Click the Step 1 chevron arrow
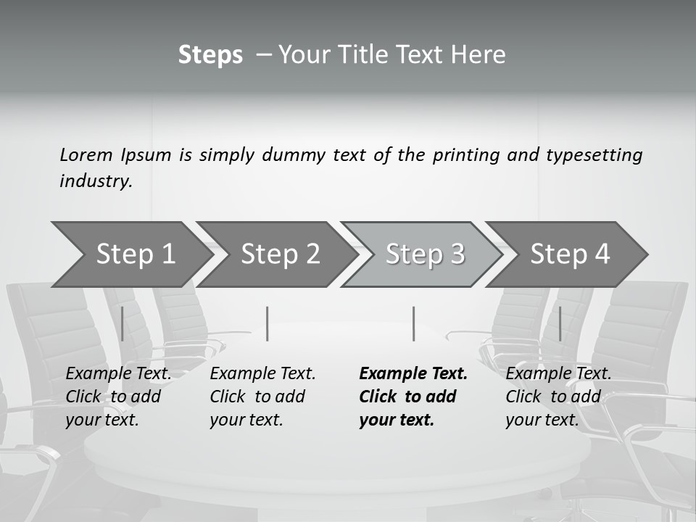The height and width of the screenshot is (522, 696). (134, 254)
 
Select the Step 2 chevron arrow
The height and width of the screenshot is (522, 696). (280, 254)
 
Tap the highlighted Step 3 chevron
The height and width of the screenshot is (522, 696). (425, 254)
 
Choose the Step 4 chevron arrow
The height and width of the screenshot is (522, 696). (570, 254)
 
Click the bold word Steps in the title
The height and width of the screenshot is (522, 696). (210, 55)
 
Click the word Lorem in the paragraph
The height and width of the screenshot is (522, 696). (86, 154)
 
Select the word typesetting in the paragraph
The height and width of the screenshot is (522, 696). (594, 154)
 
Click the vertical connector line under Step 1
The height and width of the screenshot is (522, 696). (122, 323)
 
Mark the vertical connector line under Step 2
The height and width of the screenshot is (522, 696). (268, 323)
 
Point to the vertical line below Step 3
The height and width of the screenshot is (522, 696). (413, 323)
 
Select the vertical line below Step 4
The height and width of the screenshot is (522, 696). (560, 323)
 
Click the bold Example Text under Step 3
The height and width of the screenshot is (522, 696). (413, 374)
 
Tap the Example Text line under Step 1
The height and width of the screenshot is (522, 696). (118, 374)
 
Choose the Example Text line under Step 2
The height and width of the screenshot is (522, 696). (262, 374)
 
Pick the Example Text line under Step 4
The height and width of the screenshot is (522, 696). (558, 374)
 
